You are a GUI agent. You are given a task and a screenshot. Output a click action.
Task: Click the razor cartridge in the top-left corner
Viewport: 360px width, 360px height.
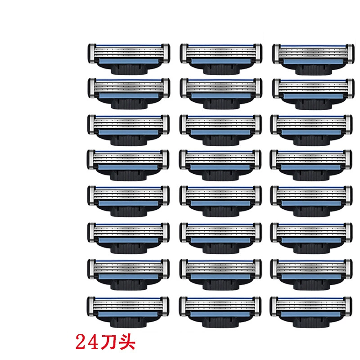(x=129, y=59)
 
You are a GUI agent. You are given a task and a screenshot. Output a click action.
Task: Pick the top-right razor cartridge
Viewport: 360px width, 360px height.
(x=314, y=59)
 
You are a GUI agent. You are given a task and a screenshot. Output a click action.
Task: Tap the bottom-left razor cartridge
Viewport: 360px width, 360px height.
(x=128, y=312)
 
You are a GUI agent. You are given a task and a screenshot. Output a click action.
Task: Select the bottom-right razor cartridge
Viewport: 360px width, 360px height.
(x=311, y=312)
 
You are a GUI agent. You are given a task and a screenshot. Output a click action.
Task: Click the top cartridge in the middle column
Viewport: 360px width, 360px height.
(x=221, y=59)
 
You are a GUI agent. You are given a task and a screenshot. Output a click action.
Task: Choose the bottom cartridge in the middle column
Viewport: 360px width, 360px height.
(x=220, y=312)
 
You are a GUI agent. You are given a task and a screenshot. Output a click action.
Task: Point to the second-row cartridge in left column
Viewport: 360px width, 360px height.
(x=129, y=94)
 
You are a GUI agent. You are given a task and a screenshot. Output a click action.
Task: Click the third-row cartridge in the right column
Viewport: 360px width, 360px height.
(x=311, y=130)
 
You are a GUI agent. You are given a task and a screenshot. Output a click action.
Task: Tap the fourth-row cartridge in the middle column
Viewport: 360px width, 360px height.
(x=220, y=165)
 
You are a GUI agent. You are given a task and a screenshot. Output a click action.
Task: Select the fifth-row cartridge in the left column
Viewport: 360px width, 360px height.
(x=129, y=201)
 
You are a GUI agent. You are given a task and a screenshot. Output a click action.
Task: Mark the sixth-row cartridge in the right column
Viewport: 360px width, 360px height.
(x=311, y=238)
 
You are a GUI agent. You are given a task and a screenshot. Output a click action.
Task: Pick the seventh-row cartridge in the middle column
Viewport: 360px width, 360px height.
(x=220, y=275)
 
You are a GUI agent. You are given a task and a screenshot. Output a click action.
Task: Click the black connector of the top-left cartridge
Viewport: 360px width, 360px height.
(x=129, y=69)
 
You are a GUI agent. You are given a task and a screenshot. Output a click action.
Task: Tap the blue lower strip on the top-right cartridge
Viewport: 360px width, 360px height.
(x=313, y=62)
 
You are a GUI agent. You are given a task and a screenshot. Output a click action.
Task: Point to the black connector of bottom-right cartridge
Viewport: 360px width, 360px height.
(x=311, y=322)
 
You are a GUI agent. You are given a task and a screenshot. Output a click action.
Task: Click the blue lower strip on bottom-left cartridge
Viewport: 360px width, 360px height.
(x=128, y=314)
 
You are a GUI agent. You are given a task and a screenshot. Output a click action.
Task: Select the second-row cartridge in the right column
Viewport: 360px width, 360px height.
(x=314, y=94)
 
